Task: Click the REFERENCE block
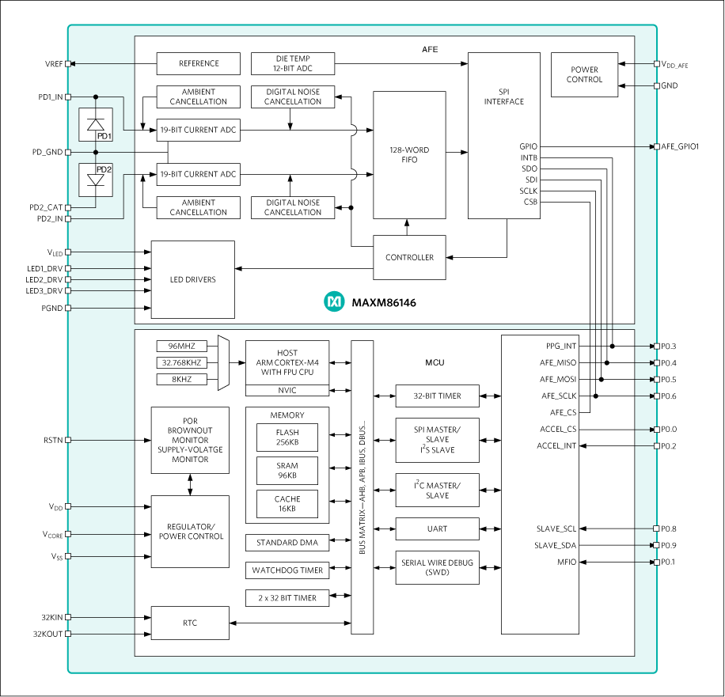[x=198, y=63]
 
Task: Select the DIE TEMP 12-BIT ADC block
[x=293, y=63]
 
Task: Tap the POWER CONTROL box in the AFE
[x=584, y=74]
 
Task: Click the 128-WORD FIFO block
[x=409, y=154]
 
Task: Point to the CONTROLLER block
[x=409, y=257]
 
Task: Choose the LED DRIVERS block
[x=192, y=279]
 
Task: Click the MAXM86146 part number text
[x=384, y=302]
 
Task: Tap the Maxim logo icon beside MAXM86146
[x=334, y=301]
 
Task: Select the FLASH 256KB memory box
[x=287, y=438]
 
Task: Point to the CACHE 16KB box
[x=287, y=504]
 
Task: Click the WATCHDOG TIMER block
[x=287, y=570]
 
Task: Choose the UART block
[x=437, y=528]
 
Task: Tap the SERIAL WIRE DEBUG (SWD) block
[x=437, y=567]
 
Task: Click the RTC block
[x=190, y=623]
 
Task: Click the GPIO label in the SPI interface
[x=528, y=146]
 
